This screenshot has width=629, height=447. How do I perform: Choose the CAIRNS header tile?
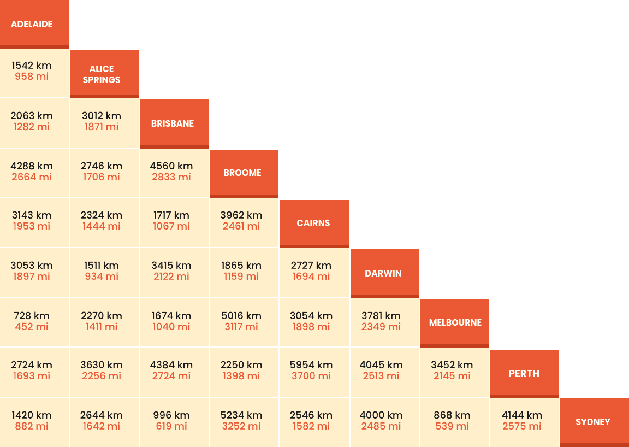click(x=314, y=223)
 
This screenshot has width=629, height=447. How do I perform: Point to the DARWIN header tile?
click(x=384, y=273)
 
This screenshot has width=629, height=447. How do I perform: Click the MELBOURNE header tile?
click(x=454, y=322)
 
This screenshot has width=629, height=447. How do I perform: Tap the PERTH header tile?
click(x=524, y=374)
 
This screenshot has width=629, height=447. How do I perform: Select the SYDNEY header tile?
click(x=594, y=422)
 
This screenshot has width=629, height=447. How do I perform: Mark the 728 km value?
click(x=32, y=316)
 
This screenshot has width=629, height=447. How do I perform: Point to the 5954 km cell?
click(x=311, y=365)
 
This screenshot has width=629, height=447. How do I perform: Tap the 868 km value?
click(x=452, y=415)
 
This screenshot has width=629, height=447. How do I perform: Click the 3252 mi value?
click(x=241, y=426)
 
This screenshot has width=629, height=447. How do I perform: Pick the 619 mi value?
click(x=171, y=426)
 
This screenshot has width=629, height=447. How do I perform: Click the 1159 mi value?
click(x=241, y=277)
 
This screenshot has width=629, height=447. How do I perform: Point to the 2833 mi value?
click(x=171, y=177)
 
